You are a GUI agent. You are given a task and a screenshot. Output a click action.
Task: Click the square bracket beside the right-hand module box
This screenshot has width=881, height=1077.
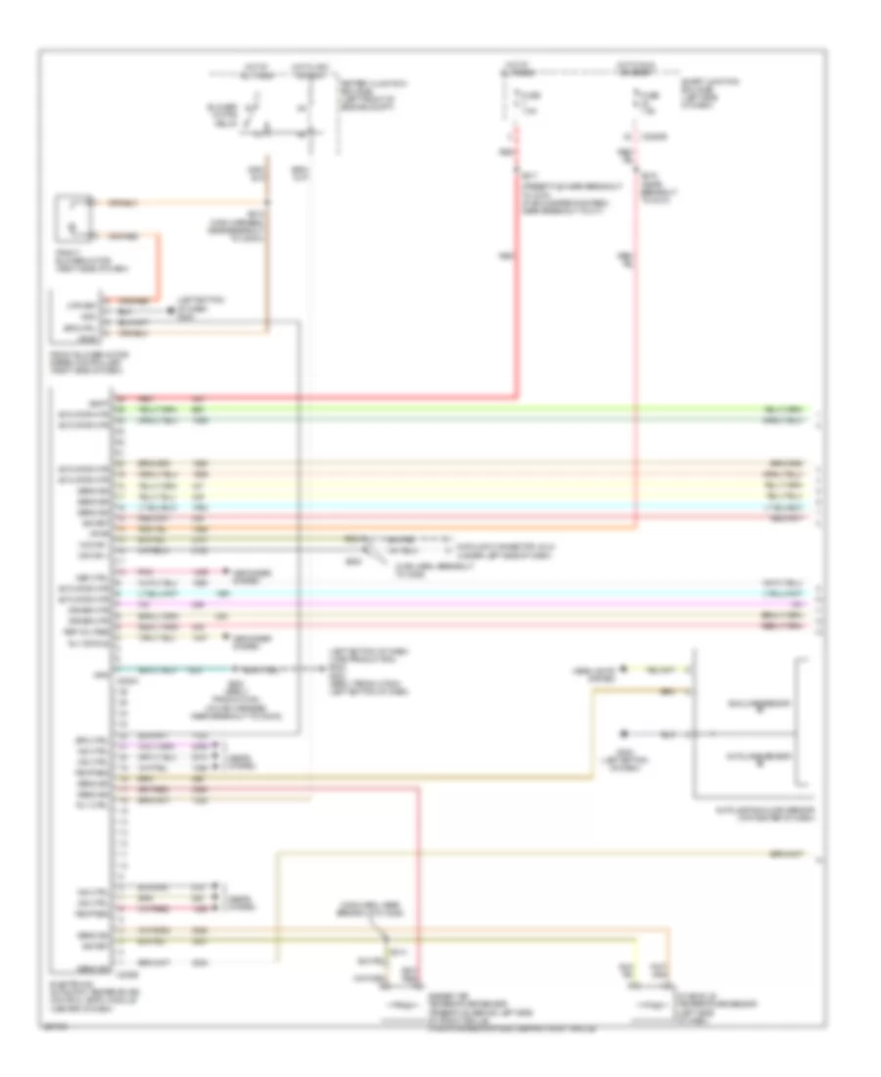tap(804, 723)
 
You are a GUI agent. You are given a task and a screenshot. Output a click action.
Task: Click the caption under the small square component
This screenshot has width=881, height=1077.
tap(84, 262)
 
